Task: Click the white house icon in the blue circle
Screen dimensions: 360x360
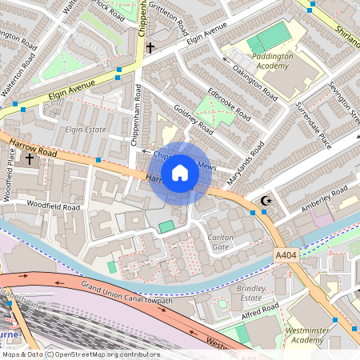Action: click(x=180, y=173)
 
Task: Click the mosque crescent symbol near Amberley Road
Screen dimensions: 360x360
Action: click(x=266, y=200)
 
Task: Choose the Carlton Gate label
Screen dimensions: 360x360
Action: click(x=221, y=242)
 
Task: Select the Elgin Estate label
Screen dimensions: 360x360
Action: click(x=86, y=127)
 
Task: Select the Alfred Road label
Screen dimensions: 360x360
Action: click(x=259, y=310)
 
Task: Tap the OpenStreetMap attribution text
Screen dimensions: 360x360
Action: click(x=81, y=354)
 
